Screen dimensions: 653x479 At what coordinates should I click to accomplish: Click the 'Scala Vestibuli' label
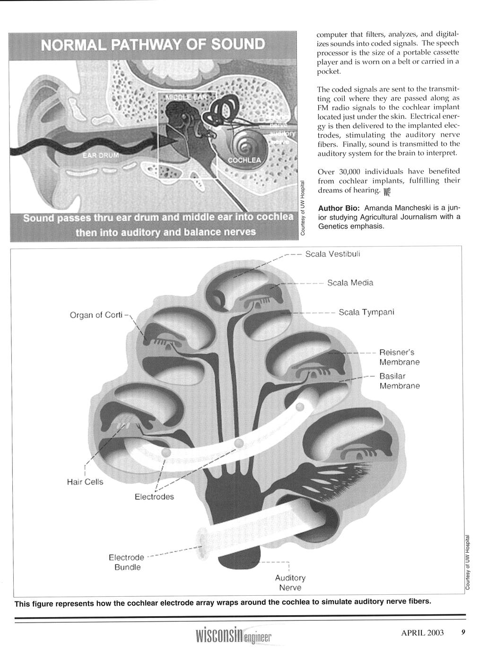pos(333,254)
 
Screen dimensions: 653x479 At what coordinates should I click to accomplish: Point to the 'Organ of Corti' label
pos(96,315)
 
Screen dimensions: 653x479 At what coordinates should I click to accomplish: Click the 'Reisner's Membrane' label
pos(399,357)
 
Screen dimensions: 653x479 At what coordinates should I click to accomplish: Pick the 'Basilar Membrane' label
pos(399,381)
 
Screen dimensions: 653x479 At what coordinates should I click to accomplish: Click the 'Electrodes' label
pos(154,497)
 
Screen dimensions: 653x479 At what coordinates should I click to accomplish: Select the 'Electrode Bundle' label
pos(126,562)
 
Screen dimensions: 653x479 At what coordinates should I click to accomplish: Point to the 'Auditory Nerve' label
pos(290,582)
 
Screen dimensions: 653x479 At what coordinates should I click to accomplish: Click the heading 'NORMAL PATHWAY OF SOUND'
pos(153,45)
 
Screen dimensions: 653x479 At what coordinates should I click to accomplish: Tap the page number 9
pos(463,633)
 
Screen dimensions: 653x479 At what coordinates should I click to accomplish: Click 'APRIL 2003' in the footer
pos(422,634)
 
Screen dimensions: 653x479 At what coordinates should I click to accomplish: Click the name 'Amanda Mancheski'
pos(395,208)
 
